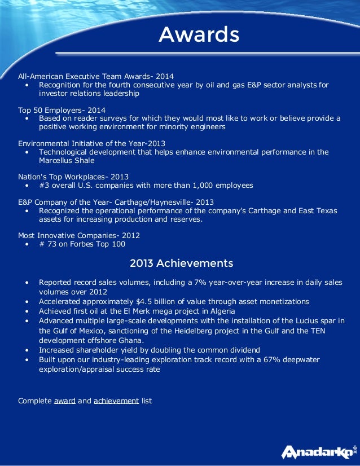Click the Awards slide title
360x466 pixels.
click(199, 35)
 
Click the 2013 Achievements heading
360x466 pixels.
click(181, 263)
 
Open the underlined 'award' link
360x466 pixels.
click(65, 401)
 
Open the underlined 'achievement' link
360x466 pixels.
click(116, 401)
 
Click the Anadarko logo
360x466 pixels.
click(318, 451)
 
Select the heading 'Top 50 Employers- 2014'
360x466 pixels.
click(62, 109)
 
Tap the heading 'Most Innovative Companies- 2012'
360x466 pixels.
click(79, 235)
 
